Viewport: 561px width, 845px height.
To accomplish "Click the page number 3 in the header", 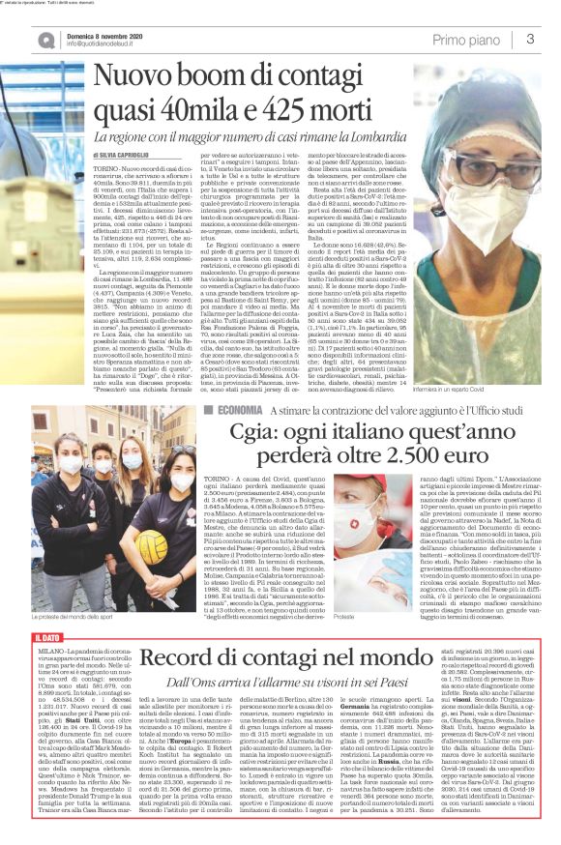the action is tap(531, 39).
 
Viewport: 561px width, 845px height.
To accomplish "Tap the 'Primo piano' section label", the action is tap(470, 39).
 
